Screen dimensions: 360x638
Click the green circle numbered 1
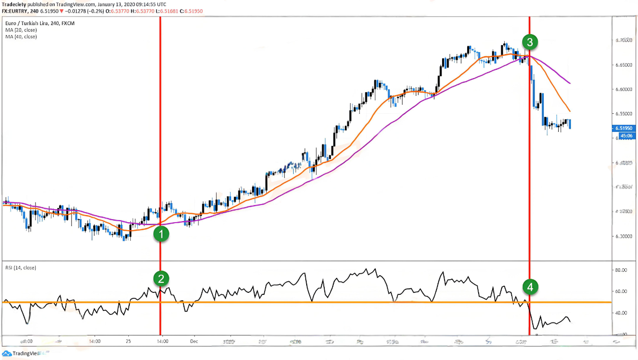(161, 234)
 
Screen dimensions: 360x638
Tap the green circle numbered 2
(161, 278)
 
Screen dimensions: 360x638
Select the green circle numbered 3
(530, 42)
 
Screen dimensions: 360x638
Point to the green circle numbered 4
(530, 287)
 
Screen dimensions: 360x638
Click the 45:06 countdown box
(625, 135)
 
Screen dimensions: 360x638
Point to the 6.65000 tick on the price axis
(624, 65)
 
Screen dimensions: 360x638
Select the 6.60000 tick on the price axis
(624, 90)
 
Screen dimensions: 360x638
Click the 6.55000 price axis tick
(624, 114)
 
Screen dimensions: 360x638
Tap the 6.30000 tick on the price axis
(624, 236)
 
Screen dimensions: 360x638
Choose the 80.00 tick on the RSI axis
(621, 270)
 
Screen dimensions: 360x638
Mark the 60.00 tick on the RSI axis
(621, 291)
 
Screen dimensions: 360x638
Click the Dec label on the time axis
(194, 341)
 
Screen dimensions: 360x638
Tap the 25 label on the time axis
(129, 341)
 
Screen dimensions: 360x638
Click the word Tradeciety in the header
(15, 4)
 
